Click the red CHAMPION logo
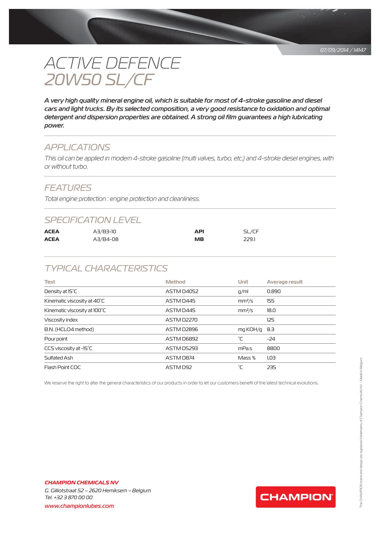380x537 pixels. [295, 497]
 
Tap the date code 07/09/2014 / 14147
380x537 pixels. [343, 50]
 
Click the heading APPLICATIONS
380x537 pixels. [77, 147]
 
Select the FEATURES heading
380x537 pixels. [68, 188]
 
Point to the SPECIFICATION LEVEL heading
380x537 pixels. [93, 220]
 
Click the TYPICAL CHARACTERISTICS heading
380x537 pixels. [106, 268]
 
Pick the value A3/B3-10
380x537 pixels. [104, 232]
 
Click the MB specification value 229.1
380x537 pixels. [249, 239]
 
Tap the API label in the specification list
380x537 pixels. [199, 232]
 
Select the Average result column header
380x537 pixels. [285, 282]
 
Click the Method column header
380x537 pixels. [175, 282]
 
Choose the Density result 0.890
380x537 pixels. [274, 291]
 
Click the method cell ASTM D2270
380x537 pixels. [181, 320]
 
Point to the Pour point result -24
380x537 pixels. [271, 339]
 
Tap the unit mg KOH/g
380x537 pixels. [250, 329]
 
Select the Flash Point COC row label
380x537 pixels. [63, 367]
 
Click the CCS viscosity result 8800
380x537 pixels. [273, 348]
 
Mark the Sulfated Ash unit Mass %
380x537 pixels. [247, 358]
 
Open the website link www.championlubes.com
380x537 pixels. [79, 506]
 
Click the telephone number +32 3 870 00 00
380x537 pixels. [73, 497]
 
